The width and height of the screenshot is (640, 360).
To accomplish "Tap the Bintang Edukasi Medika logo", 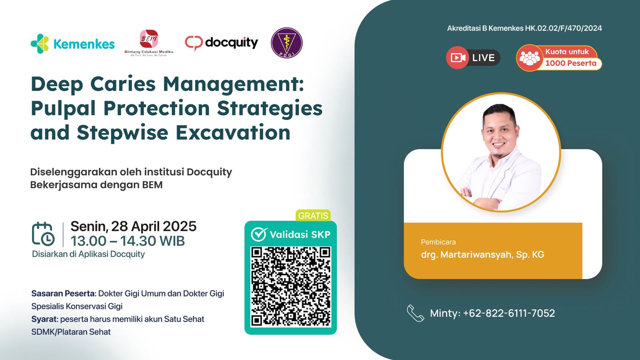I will point(149,42).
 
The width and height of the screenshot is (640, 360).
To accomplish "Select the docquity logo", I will point(222,43).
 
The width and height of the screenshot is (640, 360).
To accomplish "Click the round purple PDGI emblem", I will point(286,43).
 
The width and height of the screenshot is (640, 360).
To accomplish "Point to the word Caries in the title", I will point(123,84).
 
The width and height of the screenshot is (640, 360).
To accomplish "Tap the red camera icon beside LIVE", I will point(457,58).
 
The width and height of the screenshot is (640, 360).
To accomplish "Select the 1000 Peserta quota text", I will point(571,63).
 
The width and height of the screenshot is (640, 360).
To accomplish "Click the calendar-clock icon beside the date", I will point(43,234).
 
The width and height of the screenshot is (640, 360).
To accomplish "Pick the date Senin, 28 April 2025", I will point(134,226).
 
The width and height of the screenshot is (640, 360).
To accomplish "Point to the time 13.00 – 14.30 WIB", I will point(128,241).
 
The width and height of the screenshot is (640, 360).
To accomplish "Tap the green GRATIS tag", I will point(313,216).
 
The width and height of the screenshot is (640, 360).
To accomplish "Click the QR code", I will point(291,286).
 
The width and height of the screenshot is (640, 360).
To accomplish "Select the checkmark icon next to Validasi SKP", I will point(259,234).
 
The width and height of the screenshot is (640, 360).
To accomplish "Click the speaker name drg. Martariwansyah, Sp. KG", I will point(482,255).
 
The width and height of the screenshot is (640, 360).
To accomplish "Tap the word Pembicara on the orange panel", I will point(438,242).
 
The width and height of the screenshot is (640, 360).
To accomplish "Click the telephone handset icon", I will point(415,313).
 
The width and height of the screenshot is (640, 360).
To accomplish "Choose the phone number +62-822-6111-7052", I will point(509,313).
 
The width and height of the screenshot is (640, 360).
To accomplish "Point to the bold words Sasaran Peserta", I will point(63,294).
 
